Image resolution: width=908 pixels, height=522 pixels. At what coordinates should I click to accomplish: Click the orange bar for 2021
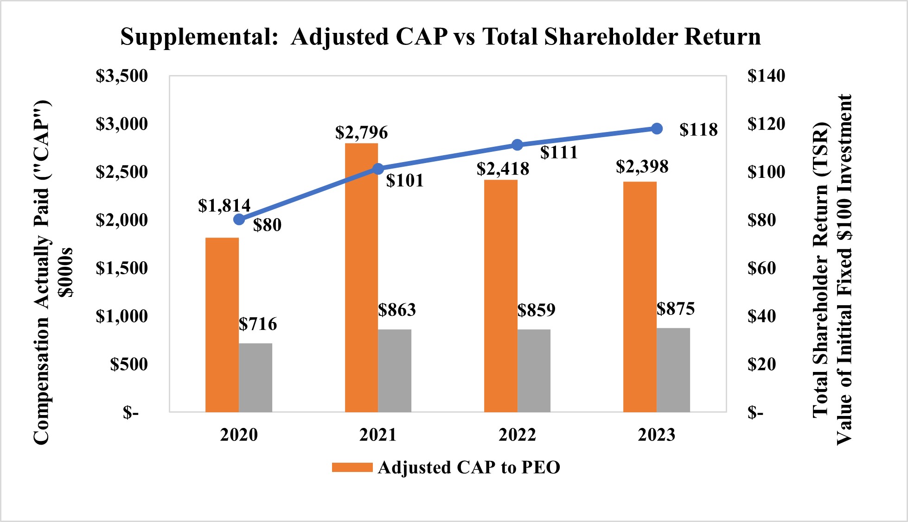[x=361, y=278]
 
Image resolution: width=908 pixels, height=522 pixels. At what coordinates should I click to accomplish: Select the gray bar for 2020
[x=256, y=377]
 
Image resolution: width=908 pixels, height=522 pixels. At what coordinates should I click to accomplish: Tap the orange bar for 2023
[x=639, y=296]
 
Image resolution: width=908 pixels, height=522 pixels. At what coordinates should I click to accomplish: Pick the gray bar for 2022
[x=534, y=371]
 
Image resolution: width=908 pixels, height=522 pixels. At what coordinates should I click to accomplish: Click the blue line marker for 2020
[x=239, y=220]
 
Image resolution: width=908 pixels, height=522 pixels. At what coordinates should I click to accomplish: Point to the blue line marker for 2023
[x=657, y=129]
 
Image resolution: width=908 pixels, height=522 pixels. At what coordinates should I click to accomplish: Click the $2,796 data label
[x=361, y=133]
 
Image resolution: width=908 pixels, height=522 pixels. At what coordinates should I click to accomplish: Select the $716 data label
[x=258, y=324]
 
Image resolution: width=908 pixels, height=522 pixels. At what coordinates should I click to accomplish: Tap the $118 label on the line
[x=698, y=130]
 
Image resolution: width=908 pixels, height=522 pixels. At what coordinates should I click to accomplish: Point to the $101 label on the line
[x=405, y=181]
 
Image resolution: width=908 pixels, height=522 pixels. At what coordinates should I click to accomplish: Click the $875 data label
[x=676, y=309]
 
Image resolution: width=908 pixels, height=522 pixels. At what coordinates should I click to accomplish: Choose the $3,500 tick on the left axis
[x=121, y=76]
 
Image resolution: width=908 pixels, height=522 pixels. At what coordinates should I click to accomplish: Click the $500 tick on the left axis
[x=129, y=364]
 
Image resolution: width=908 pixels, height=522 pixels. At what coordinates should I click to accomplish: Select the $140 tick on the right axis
[x=766, y=76]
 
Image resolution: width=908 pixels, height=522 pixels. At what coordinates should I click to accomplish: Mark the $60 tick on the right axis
[x=761, y=268]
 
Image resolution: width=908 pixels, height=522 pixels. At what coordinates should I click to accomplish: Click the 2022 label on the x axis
[x=517, y=435]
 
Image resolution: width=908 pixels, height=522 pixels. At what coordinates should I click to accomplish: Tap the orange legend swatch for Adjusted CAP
[x=352, y=467]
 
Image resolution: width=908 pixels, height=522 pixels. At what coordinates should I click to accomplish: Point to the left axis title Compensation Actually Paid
[x=42, y=273]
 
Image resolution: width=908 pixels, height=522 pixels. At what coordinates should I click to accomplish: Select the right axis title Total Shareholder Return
[x=820, y=269]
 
